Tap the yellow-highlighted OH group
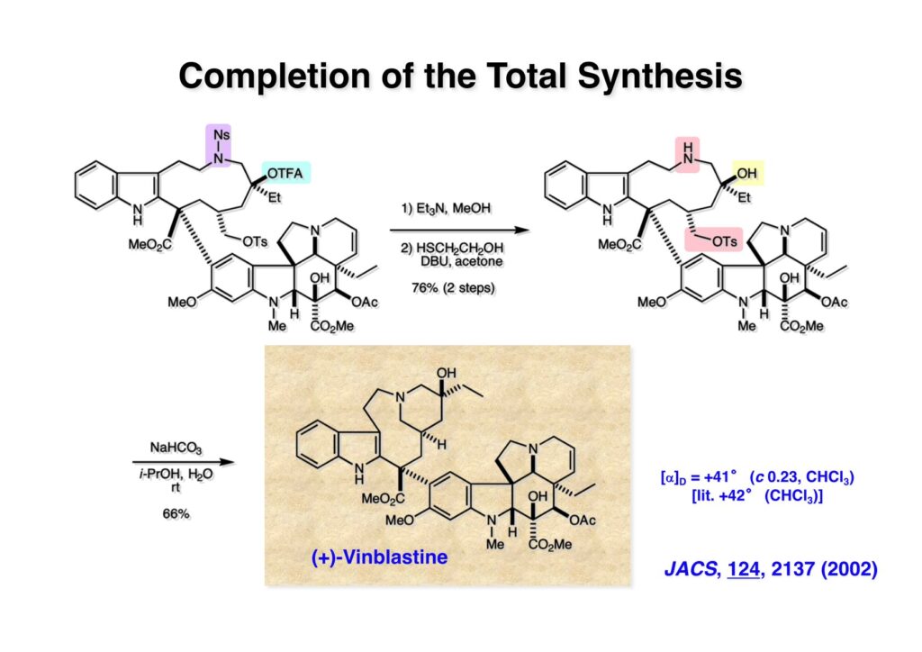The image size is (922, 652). pos(746,171)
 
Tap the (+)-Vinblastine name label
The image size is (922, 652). pos(379,557)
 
